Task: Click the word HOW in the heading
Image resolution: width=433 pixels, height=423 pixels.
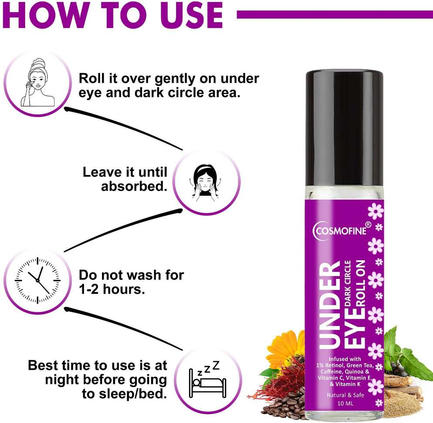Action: tap(47, 15)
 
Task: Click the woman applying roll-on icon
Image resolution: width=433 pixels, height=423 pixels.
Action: tap(38, 83)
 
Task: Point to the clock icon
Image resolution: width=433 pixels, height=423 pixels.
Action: tap(37, 280)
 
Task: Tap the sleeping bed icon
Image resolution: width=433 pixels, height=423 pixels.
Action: tap(207, 379)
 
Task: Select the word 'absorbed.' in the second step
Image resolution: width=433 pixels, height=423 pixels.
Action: tap(134, 186)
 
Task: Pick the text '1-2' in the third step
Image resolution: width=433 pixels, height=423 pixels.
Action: tap(88, 289)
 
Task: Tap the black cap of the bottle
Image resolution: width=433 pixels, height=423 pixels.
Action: tap(344, 128)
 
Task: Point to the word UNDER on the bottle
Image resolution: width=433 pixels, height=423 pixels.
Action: tap(329, 306)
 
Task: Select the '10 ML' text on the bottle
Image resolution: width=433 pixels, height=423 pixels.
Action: tap(345, 403)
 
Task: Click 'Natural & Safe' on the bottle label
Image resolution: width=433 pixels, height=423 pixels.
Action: tap(345, 395)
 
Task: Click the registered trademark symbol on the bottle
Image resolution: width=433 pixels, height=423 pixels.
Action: tap(368, 225)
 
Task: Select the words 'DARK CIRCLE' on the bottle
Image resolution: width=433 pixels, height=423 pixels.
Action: tap(348, 283)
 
